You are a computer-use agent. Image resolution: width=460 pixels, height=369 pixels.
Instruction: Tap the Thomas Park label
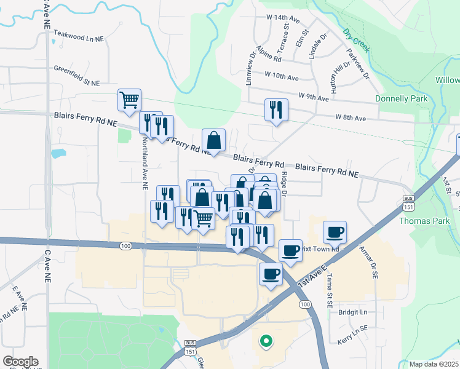(x=421, y=220)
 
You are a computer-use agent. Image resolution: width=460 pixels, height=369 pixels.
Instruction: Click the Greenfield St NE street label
(x=80, y=70)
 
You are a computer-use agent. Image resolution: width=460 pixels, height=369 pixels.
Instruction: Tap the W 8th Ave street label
(x=351, y=117)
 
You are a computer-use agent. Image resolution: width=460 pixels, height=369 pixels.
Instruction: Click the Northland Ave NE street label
(x=145, y=163)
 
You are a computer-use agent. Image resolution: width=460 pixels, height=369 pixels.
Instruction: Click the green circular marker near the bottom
(x=266, y=339)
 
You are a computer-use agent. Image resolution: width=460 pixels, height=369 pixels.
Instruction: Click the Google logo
(x=20, y=362)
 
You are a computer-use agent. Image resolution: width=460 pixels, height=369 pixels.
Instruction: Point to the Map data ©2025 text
(x=434, y=364)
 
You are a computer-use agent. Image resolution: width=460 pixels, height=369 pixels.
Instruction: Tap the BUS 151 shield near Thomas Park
(x=408, y=202)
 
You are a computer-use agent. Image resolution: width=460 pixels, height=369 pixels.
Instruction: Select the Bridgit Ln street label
(x=352, y=312)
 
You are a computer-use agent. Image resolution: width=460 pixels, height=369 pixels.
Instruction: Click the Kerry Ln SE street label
(x=351, y=336)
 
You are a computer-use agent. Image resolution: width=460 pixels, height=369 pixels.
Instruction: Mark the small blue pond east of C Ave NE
(x=58, y=153)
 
